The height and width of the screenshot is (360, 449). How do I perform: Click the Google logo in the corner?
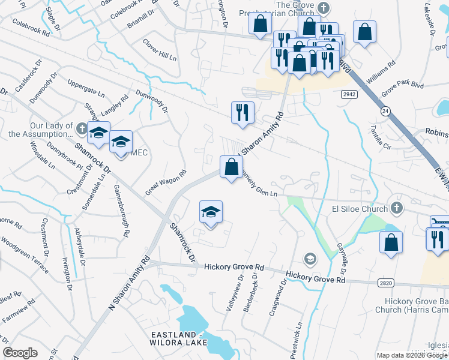pyautogui.click(x=20, y=353)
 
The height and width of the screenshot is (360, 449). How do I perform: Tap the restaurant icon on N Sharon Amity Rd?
pyautogui.click(x=243, y=113)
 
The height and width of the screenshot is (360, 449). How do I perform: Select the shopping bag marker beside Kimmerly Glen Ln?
pyautogui.click(x=231, y=167)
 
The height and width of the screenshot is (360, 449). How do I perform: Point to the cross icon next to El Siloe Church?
pyautogui.click(x=395, y=208)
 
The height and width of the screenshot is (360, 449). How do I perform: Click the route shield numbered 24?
pyautogui.click(x=384, y=111)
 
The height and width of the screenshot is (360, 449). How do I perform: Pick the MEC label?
pyautogui.click(x=139, y=152)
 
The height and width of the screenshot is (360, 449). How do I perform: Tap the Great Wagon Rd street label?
pyautogui.click(x=163, y=181)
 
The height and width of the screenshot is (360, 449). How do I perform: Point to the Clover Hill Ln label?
pyautogui.click(x=159, y=50)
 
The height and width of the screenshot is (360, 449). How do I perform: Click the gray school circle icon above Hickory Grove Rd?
pyautogui.click(x=310, y=259)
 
